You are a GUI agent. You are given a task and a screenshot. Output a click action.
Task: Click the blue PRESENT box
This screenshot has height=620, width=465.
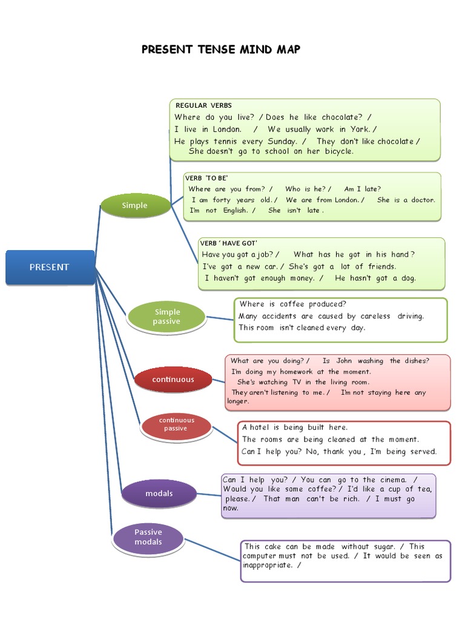click(50, 267)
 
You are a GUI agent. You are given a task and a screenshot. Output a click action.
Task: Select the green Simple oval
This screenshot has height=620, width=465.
click(134, 205)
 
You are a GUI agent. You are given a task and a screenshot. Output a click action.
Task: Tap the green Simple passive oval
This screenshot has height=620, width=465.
click(167, 317)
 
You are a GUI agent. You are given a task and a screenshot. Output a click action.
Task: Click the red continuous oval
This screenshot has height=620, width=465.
click(173, 380)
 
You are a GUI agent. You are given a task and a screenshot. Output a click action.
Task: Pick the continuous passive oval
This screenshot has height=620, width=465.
click(176, 424)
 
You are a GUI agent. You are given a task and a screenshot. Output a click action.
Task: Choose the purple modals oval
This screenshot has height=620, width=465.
click(159, 493)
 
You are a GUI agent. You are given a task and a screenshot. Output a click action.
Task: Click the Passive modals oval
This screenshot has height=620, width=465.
click(148, 537)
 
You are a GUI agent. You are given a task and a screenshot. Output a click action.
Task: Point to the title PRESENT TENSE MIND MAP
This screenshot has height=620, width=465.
click(220, 50)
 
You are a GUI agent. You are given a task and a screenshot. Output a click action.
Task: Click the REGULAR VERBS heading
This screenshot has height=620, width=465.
click(203, 105)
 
